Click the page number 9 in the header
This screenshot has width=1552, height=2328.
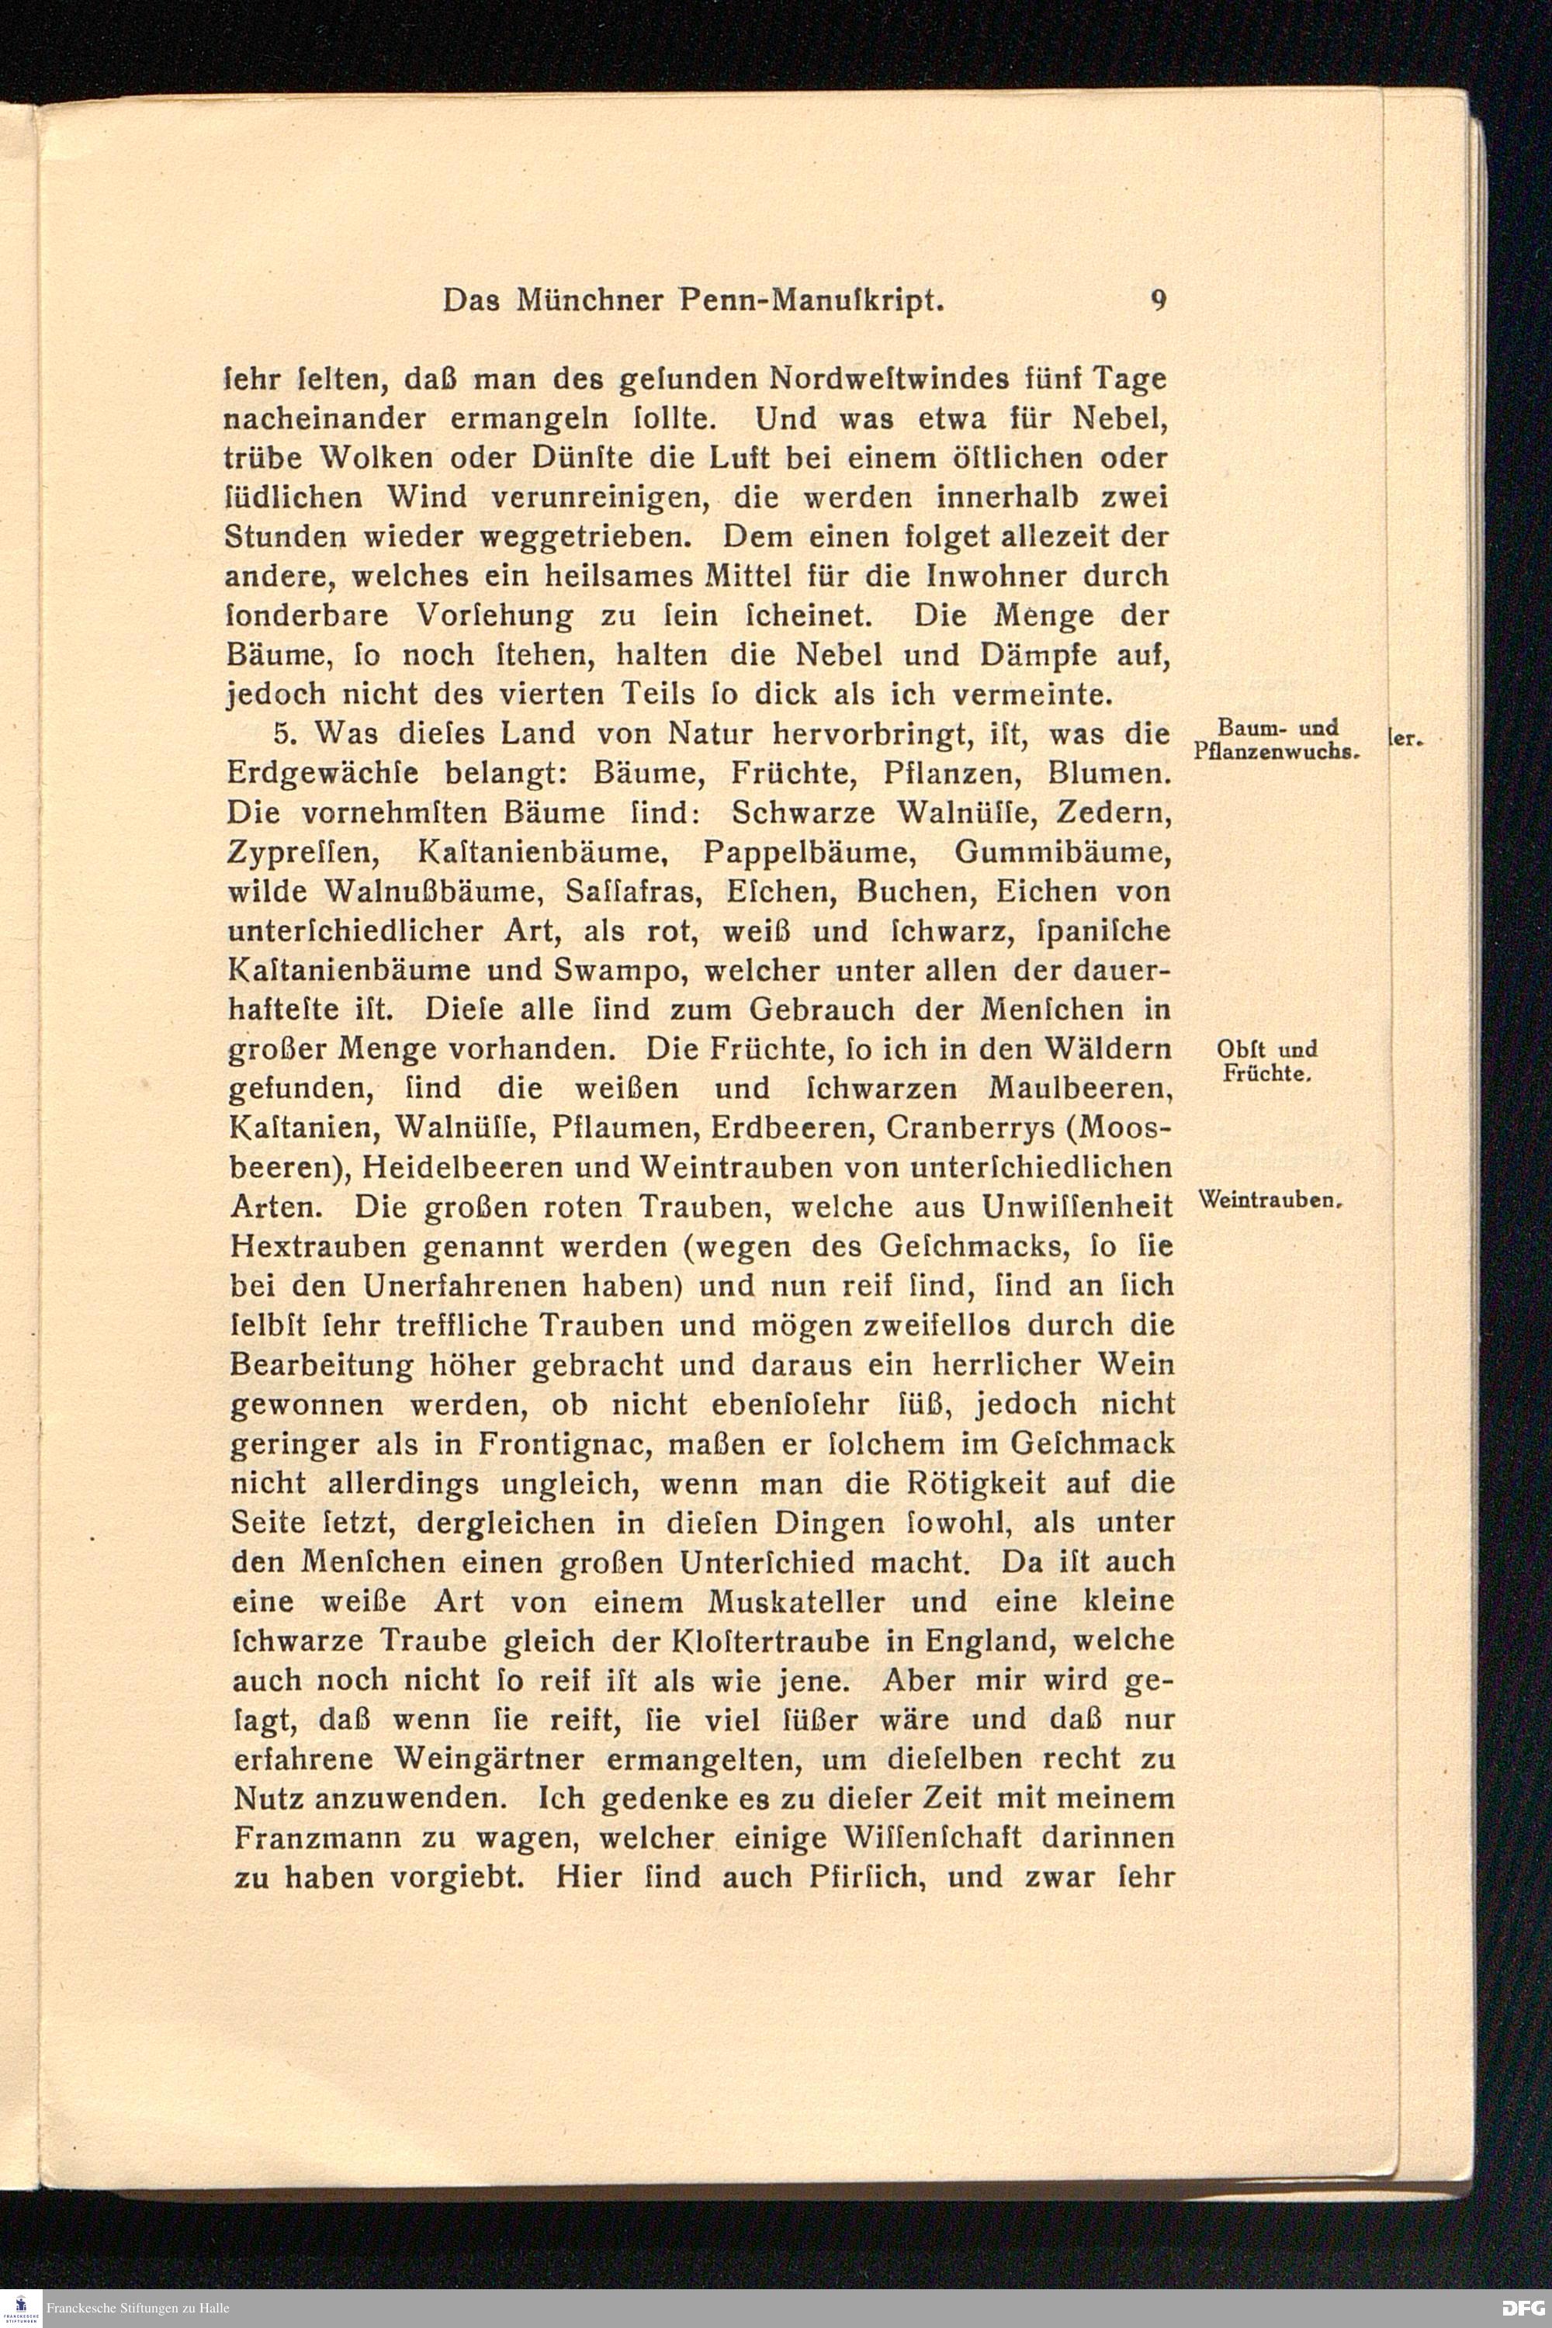(1158, 300)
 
